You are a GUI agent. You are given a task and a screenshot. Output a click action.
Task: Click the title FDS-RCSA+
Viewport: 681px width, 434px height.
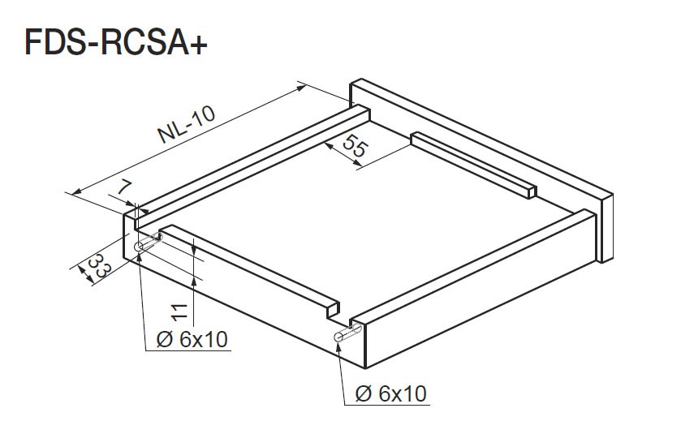(x=116, y=42)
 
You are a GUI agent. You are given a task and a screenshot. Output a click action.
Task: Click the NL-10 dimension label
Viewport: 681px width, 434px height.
(x=187, y=125)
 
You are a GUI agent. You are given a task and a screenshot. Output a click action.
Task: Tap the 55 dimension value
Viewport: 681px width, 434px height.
(x=355, y=146)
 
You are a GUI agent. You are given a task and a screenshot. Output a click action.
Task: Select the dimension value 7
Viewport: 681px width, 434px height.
(x=125, y=187)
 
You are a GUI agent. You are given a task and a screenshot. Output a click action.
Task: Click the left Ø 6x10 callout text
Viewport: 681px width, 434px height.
(x=192, y=339)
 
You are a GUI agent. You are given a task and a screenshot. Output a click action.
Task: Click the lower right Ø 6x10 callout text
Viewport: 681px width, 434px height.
(x=391, y=394)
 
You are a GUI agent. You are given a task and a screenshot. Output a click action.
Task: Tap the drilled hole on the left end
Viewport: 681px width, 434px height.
(x=139, y=247)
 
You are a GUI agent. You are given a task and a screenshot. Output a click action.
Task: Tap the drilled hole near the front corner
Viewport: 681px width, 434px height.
(x=338, y=337)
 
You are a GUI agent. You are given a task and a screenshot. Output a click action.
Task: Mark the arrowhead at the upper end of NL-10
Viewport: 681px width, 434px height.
(x=301, y=88)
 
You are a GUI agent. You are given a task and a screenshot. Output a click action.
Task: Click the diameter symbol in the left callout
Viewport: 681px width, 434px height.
(x=164, y=339)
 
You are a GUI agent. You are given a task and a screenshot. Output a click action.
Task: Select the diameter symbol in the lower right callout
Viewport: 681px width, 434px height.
(x=363, y=394)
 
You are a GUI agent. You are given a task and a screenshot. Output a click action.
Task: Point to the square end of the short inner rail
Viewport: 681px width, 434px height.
(x=532, y=191)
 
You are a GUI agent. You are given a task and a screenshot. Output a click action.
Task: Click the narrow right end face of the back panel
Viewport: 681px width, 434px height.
(x=607, y=227)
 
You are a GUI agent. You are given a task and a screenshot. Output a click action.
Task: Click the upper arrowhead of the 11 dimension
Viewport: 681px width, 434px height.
(x=194, y=249)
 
